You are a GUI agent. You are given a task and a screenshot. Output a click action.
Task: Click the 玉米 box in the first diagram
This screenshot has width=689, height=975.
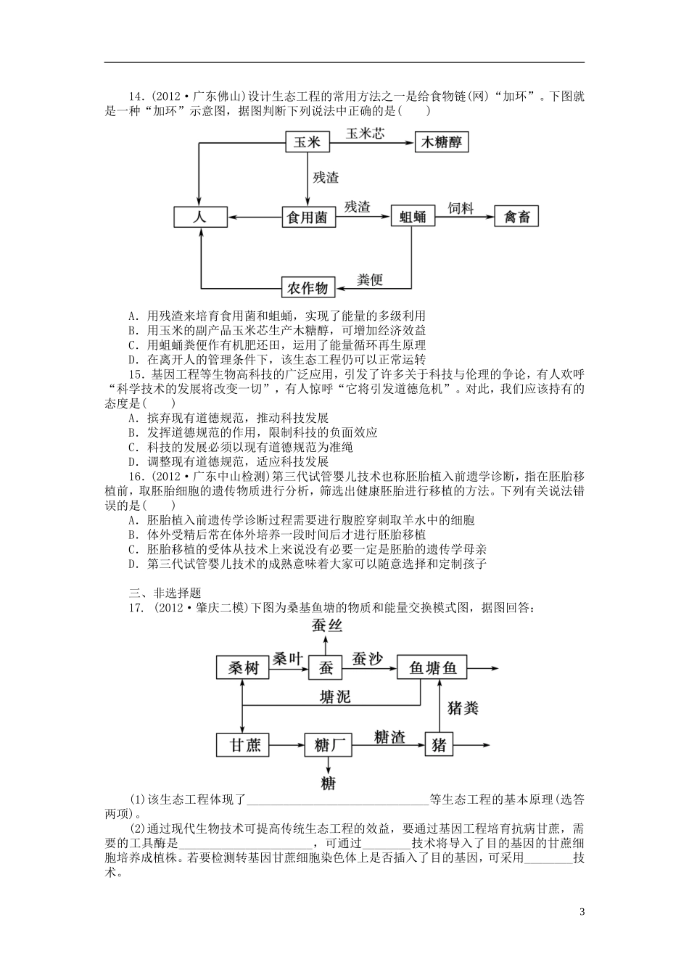tap(308, 142)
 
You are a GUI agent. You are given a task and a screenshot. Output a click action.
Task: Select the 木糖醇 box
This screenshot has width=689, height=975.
tap(442, 142)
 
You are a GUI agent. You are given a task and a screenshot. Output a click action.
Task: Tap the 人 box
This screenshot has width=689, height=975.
tap(201, 217)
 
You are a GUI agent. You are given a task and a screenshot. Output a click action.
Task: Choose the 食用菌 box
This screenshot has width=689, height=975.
tap(308, 217)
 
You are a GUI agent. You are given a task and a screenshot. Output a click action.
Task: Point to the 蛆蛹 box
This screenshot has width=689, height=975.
tap(413, 217)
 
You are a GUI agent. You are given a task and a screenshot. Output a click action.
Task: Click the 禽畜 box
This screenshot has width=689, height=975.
tap(517, 217)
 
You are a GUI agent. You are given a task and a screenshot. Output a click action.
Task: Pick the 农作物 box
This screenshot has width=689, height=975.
tap(308, 288)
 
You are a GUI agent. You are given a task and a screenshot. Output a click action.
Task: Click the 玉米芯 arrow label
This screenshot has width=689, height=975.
tap(366, 133)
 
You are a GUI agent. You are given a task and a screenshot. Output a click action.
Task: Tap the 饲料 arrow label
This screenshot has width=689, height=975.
tap(461, 208)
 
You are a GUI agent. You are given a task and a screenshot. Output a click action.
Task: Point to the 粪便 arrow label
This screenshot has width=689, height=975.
tap(371, 279)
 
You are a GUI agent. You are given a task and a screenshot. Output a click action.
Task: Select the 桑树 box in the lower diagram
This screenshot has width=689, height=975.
tap(243, 667)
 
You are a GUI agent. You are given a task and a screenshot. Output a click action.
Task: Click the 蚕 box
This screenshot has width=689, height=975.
tap(325, 667)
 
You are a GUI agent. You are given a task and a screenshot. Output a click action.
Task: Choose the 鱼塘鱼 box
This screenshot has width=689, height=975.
tap(433, 667)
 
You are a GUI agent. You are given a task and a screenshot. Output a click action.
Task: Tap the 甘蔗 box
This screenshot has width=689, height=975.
tap(243, 744)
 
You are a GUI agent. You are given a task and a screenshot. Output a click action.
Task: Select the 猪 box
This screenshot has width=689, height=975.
tap(439, 744)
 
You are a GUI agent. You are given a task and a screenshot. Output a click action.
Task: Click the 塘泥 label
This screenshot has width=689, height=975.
tap(335, 696)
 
